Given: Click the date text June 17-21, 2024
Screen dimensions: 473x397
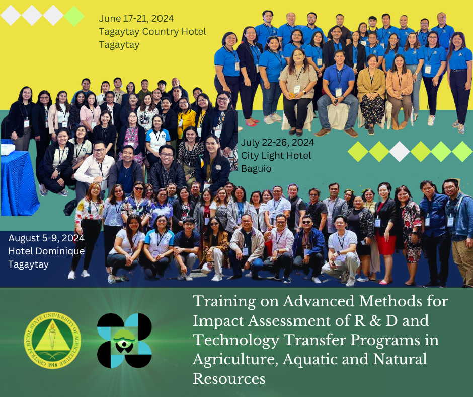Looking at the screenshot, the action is click(x=136, y=19).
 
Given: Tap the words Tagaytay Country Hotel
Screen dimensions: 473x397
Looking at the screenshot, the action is click(x=152, y=32).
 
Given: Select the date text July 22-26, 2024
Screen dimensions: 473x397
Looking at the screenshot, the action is click(x=278, y=142).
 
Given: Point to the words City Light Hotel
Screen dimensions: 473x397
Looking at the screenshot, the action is click(x=276, y=155).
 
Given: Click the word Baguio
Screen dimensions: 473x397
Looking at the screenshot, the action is click(x=256, y=169).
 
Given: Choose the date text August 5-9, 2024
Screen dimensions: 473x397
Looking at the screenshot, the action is click(x=46, y=238).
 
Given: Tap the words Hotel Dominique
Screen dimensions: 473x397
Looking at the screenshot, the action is click(x=46, y=251).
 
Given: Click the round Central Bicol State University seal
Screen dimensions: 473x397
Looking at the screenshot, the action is click(x=52, y=340).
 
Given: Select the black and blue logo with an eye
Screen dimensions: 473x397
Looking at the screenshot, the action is click(x=124, y=341).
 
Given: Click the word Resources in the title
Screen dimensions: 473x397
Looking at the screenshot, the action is click(x=229, y=378).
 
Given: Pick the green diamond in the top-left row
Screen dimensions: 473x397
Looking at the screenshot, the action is click(x=74, y=16).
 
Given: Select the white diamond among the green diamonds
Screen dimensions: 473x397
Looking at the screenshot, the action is click(x=400, y=152).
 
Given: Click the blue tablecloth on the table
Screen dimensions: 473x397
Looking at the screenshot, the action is click(x=19, y=182).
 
